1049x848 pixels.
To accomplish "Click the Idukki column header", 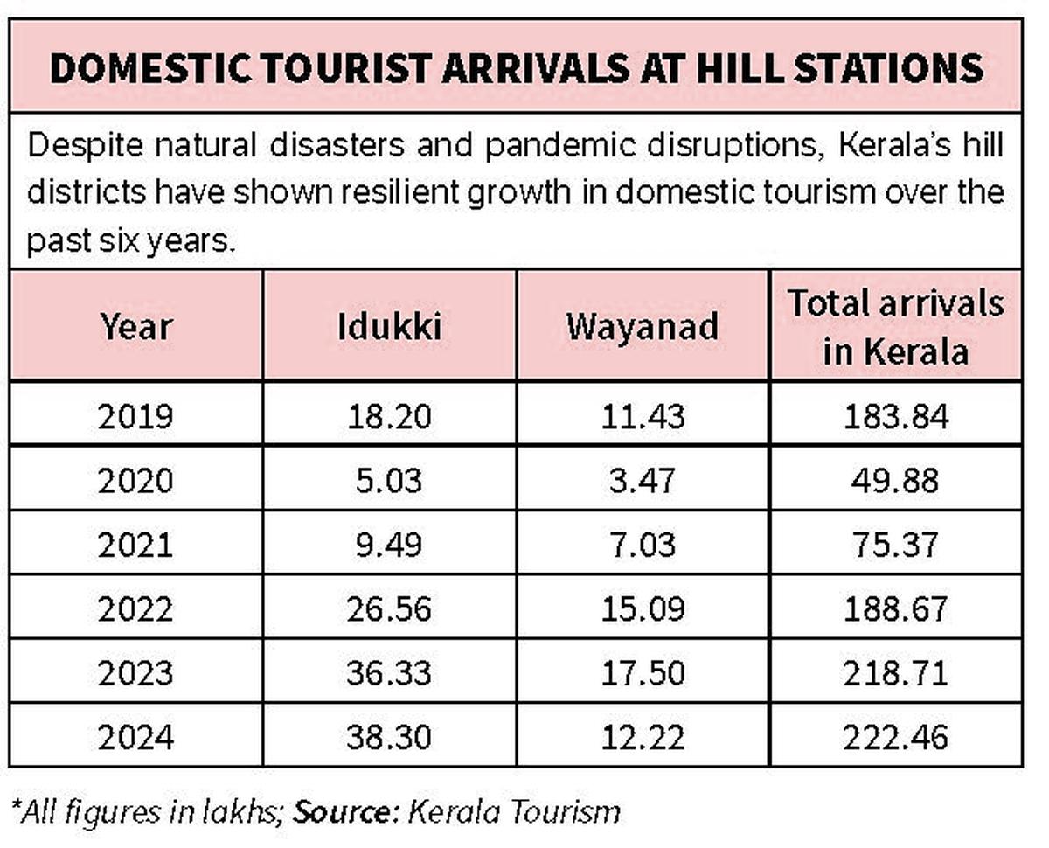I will (389, 326).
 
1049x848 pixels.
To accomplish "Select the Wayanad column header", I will (643, 326).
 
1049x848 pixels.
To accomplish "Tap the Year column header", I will (136, 326).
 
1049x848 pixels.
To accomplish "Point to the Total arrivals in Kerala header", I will (896, 326).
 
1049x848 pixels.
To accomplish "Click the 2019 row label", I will (136, 416).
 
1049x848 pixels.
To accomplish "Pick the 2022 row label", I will (136, 608).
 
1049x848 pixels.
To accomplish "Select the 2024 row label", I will (136, 738).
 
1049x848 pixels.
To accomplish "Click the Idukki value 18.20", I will (389, 416).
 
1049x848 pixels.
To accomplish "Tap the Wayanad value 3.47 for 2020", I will (643, 481).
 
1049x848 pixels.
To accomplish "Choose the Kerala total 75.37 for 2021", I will (896, 545).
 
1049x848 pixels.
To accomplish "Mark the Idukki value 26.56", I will (389, 608).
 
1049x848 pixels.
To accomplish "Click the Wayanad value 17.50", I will (643, 673).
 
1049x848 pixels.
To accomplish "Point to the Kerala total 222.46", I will (896, 738).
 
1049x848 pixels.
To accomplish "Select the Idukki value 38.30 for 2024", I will (389, 738).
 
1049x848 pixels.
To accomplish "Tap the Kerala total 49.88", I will (896, 481).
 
